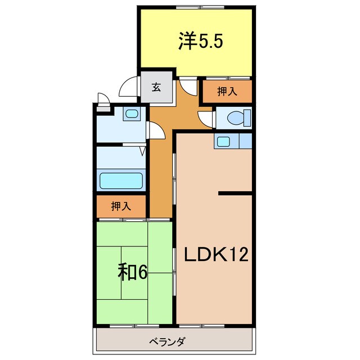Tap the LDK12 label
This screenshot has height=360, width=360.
pyautogui.click(x=217, y=256)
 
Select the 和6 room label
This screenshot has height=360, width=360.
pyautogui.click(x=133, y=272)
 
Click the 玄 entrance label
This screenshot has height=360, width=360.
pyautogui.click(x=156, y=88)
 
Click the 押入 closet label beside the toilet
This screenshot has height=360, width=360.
pyautogui.click(x=227, y=92)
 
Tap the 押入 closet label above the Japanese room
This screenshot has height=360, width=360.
pyautogui.click(x=121, y=206)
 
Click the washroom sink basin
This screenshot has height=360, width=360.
pyautogui.click(x=132, y=114)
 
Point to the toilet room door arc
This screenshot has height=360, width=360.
pyautogui.click(x=205, y=118)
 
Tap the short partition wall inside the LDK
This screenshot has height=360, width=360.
pyautogui.click(x=235, y=193)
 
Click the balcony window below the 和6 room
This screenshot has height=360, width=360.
pyautogui.click(x=133, y=326)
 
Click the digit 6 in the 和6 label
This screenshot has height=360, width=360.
pyautogui.click(x=142, y=273)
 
